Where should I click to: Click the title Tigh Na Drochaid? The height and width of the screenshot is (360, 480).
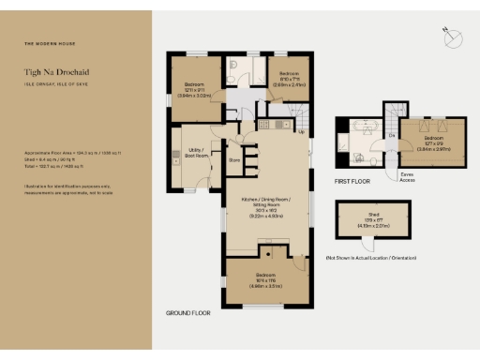pos(56,71)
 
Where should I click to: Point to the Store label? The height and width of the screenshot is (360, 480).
pos(234,159)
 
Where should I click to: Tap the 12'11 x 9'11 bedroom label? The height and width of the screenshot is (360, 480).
pos(199,90)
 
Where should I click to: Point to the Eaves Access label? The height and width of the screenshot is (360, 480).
pos(406,175)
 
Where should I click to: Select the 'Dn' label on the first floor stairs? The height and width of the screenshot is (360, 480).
pos(391,139)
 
